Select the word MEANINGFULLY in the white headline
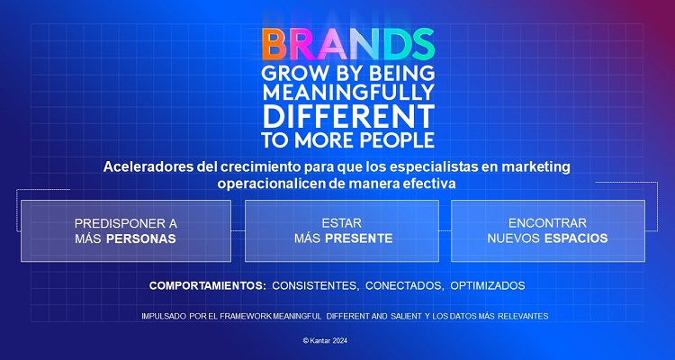[347, 93]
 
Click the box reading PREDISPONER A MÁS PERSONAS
[125, 230]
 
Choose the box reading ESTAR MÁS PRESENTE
[341, 230]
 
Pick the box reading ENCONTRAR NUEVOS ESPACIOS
[547, 230]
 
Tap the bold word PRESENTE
[360, 238]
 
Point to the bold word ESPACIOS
[574, 238]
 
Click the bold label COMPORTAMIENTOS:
[208, 285]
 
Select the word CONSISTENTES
[316, 285]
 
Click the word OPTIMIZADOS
[486, 285]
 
